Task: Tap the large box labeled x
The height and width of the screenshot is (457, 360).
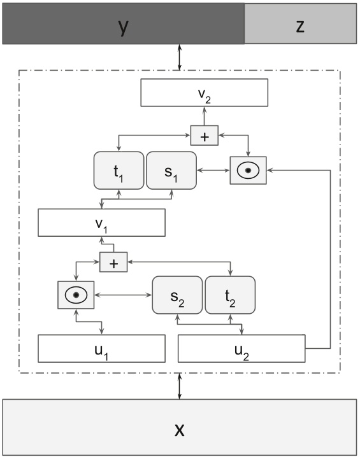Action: pos(180,427)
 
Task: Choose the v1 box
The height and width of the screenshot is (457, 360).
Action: pos(102,223)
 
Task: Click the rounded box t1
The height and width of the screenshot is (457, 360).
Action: pos(119,171)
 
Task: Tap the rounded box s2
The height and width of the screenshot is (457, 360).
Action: pos(176,295)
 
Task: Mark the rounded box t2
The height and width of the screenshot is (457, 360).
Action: pos(229,295)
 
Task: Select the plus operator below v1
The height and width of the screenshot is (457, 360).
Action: pos(113,261)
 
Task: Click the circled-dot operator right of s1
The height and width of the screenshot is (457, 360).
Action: pos(248,170)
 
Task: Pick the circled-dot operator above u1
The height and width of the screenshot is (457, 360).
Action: pos(76,295)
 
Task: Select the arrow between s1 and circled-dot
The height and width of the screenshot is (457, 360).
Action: pos(213,171)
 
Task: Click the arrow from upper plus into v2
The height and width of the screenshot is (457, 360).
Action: pos(204,116)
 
